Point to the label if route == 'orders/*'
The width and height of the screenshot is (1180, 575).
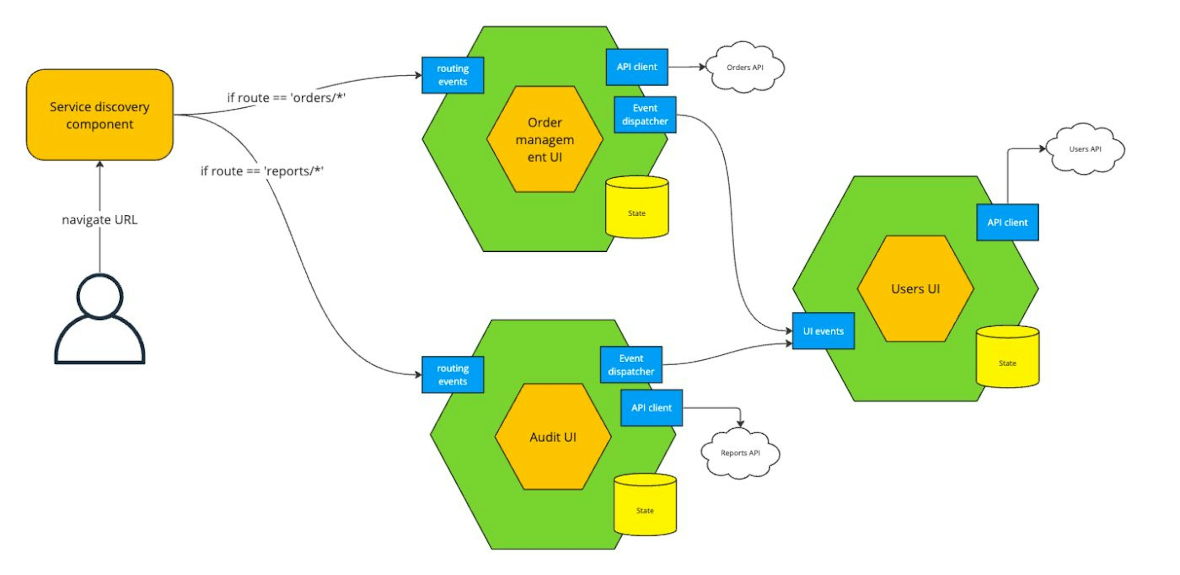[286, 98]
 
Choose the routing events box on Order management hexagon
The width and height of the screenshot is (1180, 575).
[453, 75]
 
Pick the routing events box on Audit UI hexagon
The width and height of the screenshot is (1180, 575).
[453, 375]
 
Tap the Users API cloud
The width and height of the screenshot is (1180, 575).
[1085, 149]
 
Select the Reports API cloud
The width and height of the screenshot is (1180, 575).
[740, 453]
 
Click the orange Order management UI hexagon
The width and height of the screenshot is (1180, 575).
[544, 139]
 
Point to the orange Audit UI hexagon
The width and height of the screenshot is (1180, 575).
[553, 437]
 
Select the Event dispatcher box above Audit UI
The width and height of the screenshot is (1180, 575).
[631, 365]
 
